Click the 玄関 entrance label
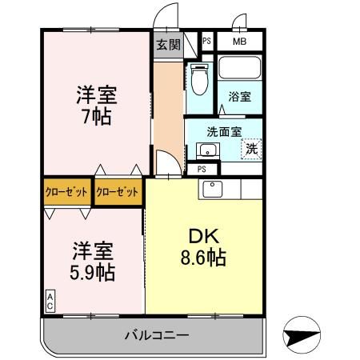166,43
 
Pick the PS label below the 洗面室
202,169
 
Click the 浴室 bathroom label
241,98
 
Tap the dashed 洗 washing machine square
251,147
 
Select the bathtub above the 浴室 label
241,70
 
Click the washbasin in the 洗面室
202,149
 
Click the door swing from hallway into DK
168,165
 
